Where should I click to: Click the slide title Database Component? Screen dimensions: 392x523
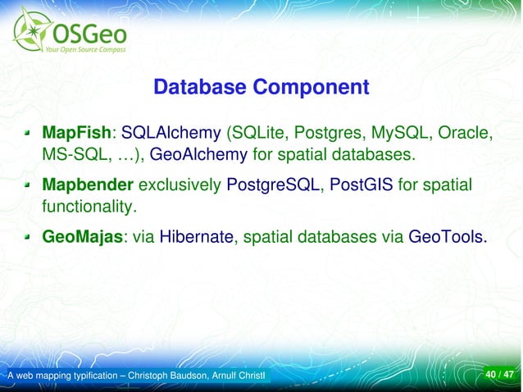261,87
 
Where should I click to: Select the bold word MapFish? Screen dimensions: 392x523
76,132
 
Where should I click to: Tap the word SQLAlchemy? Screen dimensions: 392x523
171,132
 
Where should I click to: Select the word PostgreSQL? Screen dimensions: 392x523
273,186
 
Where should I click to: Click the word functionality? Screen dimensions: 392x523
88,207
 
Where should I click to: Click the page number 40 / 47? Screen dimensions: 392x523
499,376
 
